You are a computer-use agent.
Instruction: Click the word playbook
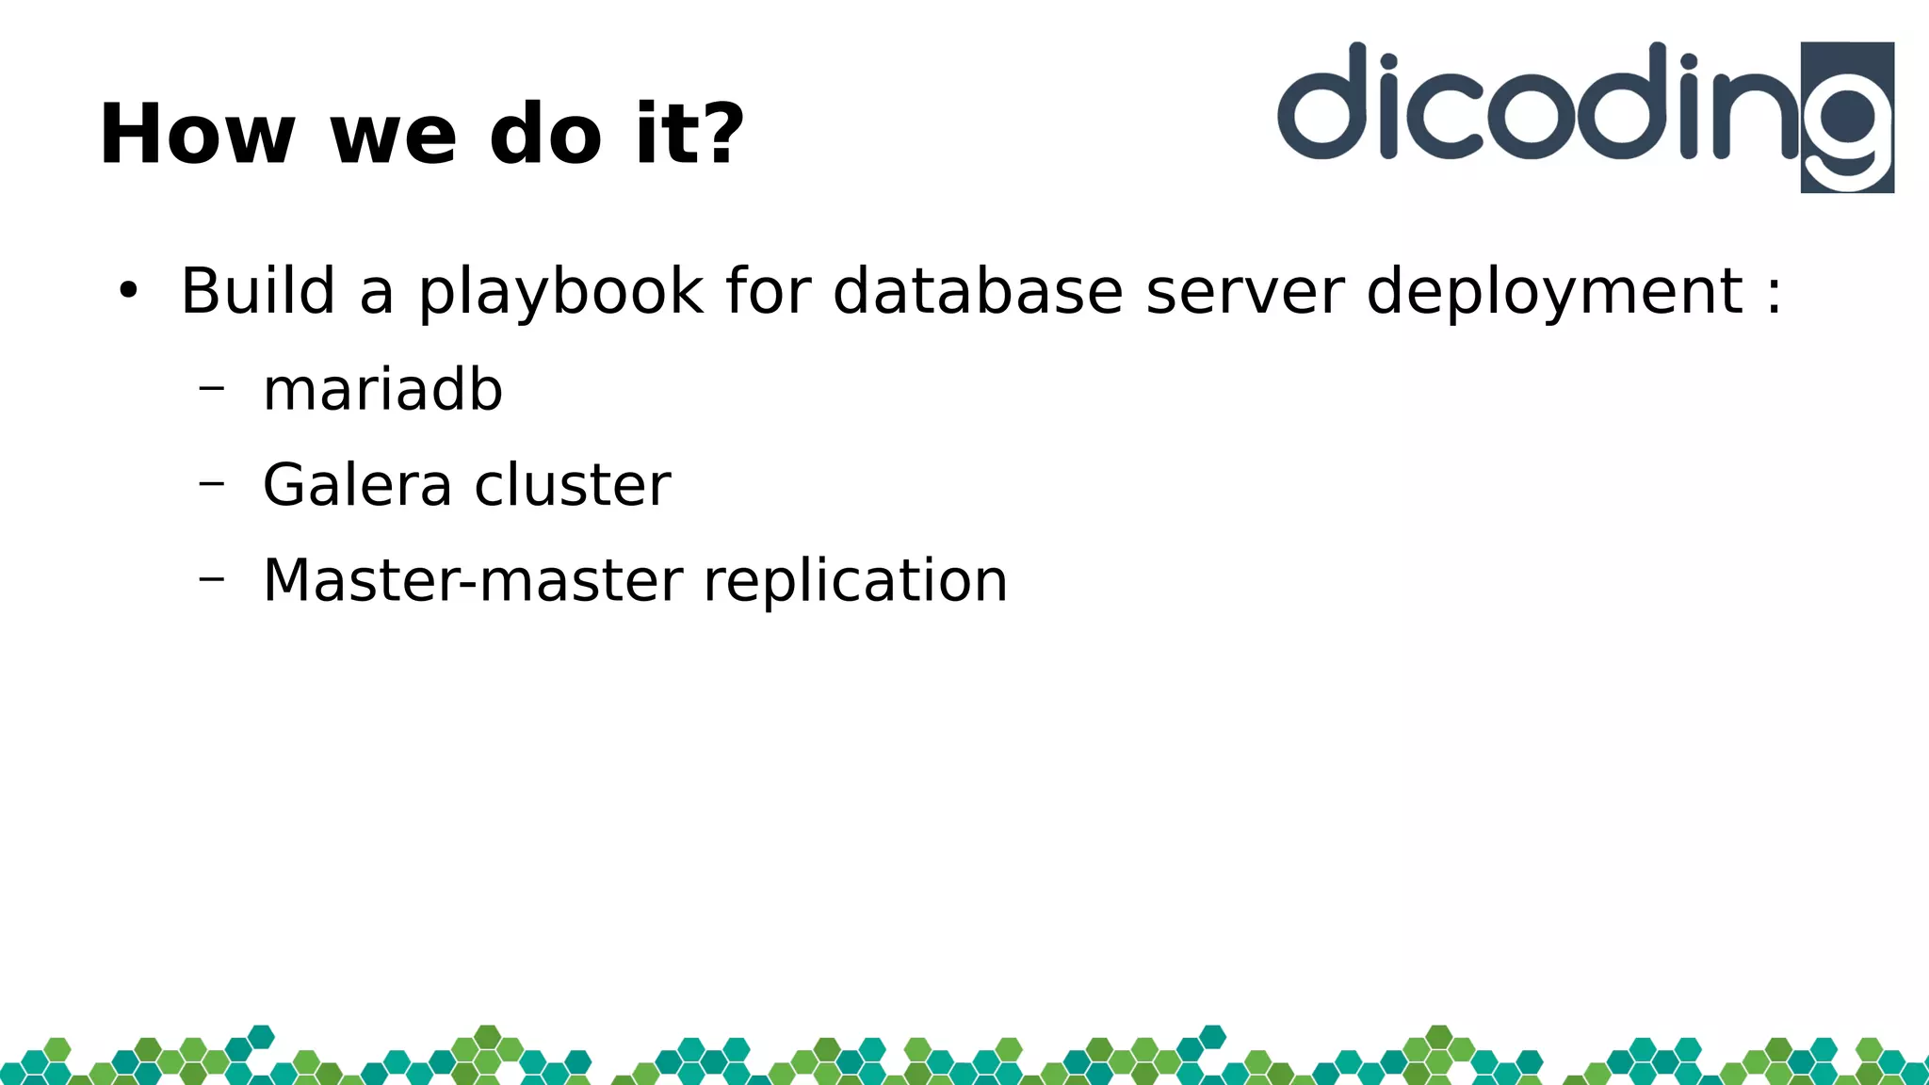pos(560,292)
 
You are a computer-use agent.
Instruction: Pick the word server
pos(1245,292)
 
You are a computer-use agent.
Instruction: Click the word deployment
pos(1554,292)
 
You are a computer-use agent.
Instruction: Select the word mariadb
pos(382,390)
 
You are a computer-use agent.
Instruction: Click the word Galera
pos(357,485)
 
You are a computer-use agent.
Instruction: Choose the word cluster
pos(573,485)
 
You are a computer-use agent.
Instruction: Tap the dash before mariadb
pos(212,387)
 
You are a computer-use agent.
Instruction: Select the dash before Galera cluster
pos(212,482)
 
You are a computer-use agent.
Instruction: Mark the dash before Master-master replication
pos(212,577)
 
